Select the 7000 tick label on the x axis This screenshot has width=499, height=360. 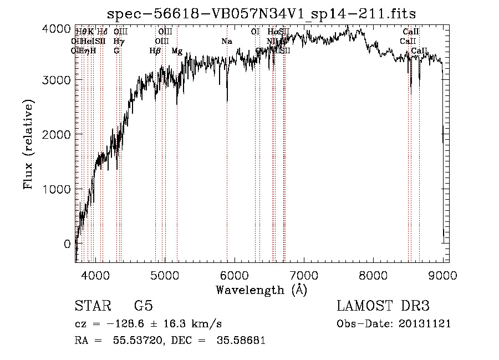tap(304, 274)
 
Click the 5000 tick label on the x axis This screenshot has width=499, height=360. tap(165, 274)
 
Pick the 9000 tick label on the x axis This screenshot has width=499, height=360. tap(442, 274)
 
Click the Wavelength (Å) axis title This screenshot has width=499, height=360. tap(261, 290)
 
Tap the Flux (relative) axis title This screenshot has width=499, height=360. tap(29, 144)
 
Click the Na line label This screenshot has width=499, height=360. tap(226, 42)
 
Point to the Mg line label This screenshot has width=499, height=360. tap(177, 51)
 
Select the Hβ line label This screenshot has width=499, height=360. tap(155, 51)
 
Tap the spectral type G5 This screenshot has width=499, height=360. tap(143, 306)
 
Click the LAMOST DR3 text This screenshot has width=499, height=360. tap(383, 306)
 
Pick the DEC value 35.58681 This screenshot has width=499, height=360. tap(242, 340)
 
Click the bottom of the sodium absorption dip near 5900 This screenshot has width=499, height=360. tap(227, 101)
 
